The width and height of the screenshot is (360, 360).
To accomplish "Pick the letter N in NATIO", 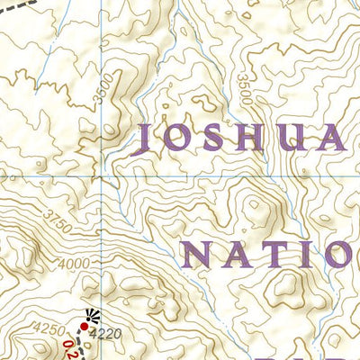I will [201, 255].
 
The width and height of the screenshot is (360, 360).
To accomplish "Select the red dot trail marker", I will [85, 326].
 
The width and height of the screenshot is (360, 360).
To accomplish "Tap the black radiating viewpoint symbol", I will [89, 314].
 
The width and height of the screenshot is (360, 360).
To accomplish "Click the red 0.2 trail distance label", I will [71, 348].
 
